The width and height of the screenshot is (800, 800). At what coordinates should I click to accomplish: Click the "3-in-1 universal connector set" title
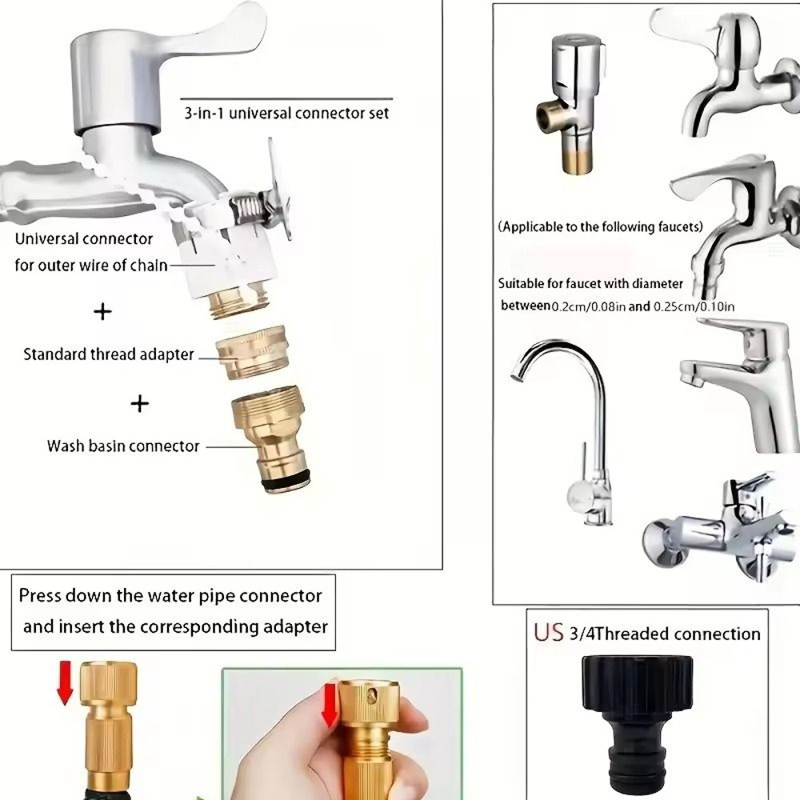(x=286, y=113)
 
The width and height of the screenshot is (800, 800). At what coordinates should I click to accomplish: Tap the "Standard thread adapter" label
(x=109, y=354)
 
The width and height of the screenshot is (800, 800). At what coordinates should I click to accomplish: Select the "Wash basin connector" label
(x=123, y=446)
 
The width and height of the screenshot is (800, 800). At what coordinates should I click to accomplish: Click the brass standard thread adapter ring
(x=252, y=352)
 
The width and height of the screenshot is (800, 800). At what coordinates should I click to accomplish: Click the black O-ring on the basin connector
(x=286, y=481)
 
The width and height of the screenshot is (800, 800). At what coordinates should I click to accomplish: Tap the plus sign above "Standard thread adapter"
(x=102, y=311)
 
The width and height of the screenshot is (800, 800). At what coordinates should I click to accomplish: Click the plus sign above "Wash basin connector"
(x=140, y=403)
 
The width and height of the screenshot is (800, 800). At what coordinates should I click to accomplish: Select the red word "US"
(x=549, y=633)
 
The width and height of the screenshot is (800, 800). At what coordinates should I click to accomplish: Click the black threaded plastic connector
(x=638, y=725)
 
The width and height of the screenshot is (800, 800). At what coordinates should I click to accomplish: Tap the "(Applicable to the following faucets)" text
(x=601, y=226)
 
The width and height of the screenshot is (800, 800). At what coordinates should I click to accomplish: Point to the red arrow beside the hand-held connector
(x=330, y=706)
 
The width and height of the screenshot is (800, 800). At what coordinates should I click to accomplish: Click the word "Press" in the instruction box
(x=40, y=595)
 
